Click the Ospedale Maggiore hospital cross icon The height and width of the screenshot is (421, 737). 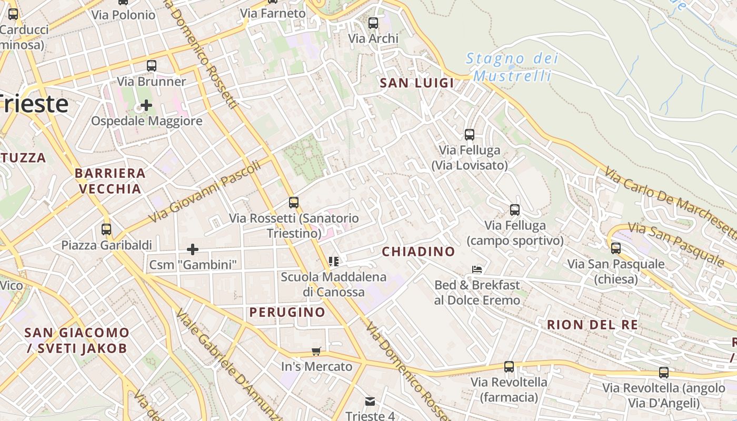146,105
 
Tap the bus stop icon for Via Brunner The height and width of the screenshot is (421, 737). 152,66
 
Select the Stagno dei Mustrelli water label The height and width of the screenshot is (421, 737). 512,67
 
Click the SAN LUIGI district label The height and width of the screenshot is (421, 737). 417,83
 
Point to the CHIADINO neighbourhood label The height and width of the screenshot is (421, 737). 418,252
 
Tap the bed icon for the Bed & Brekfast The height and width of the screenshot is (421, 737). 477,269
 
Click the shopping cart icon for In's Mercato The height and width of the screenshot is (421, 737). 316,351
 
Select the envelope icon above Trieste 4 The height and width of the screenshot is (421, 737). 370,402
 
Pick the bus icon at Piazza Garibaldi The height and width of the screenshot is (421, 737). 106,229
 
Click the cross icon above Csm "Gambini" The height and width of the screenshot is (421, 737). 193,249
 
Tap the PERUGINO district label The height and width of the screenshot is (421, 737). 287,312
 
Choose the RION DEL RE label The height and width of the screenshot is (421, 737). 592,324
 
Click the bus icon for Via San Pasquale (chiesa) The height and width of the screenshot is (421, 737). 615,248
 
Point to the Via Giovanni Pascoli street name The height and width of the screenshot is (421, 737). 205,192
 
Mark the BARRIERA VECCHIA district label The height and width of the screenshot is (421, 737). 110,181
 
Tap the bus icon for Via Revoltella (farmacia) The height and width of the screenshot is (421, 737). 509,367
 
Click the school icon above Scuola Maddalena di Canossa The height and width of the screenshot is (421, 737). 333,261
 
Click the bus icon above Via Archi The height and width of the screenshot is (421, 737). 373,23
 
